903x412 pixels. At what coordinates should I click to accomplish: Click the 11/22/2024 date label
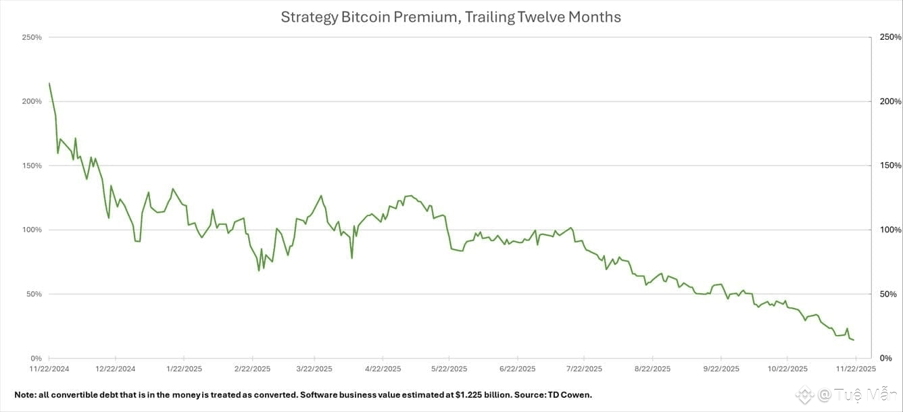point(49,369)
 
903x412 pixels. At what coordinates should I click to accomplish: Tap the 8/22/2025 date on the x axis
point(652,369)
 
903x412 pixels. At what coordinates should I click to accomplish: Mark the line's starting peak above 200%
point(49,84)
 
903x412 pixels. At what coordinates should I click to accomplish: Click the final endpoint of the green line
point(853,340)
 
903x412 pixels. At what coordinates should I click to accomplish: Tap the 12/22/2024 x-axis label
point(116,369)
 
